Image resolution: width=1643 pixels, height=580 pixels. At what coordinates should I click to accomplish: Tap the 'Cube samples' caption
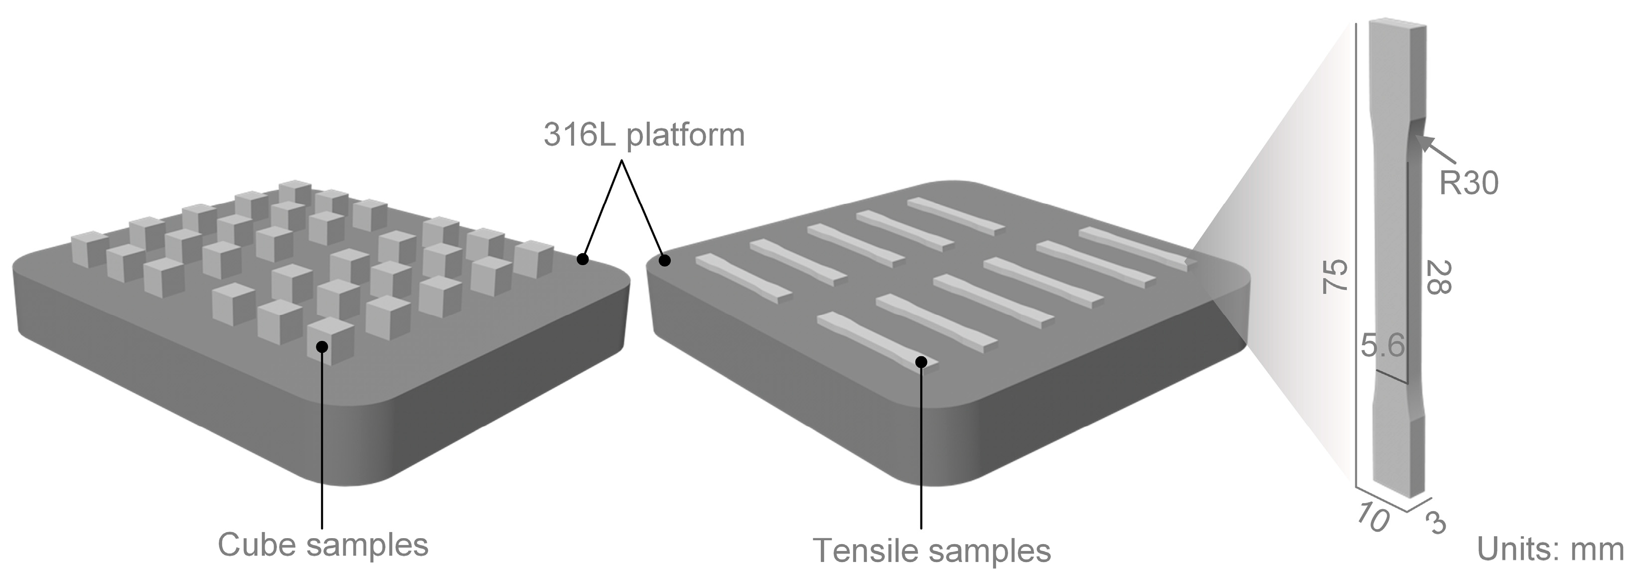[323, 545]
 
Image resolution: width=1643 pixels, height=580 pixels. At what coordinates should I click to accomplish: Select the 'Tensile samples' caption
[932, 551]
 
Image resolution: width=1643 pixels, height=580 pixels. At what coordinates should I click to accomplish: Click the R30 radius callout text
[1469, 184]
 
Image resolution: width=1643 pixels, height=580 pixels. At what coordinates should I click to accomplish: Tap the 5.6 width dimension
[1382, 346]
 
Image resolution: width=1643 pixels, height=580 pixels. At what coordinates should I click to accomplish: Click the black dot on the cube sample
[322, 346]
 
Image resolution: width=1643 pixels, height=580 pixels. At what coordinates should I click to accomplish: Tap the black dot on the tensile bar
[921, 362]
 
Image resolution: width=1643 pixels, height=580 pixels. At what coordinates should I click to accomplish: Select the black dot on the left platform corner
[582, 259]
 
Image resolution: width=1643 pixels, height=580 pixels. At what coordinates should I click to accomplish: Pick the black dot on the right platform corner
[665, 260]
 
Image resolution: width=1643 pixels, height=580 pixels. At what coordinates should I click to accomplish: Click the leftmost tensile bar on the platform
[743, 278]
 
